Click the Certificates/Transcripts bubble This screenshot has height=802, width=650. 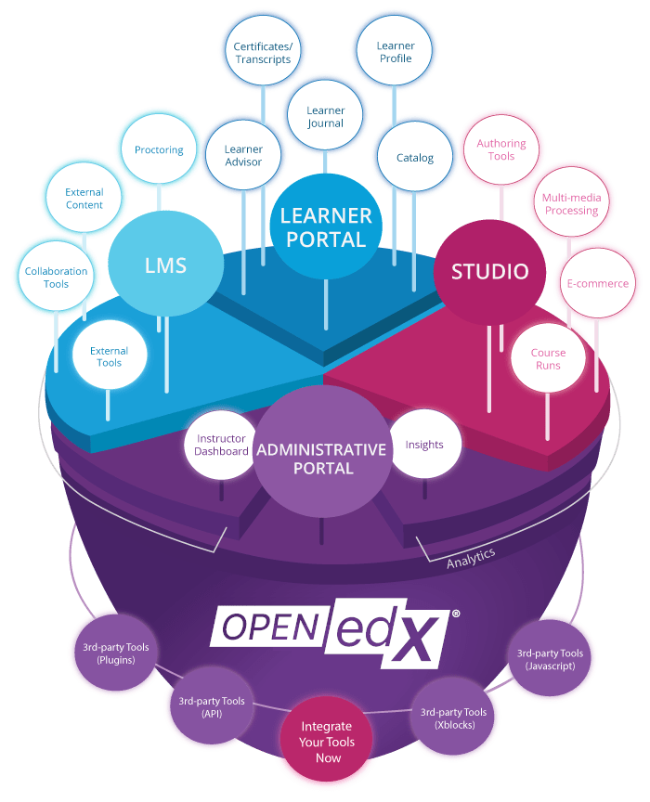(262, 52)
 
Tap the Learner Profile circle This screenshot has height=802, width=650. (395, 52)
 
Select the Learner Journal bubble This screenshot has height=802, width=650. (325, 117)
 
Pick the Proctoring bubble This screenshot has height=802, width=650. (159, 150)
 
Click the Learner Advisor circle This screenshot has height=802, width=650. (243, 155)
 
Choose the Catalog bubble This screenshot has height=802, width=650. (414, 158)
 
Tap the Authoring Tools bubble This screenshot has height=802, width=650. (501, 149)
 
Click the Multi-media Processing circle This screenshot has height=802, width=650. (571, 204)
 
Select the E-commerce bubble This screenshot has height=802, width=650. (597, 283)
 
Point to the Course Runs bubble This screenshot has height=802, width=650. (548, 358)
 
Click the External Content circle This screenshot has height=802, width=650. (84, 199)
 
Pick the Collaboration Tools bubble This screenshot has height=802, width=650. (56, 278)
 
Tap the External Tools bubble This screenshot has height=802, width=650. (109, 356)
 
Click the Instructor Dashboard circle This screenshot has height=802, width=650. (221, 445)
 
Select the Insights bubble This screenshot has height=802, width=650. (424, 445)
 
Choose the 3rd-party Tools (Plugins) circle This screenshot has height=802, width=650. (110, 653)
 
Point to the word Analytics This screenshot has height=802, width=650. (471, 558)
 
